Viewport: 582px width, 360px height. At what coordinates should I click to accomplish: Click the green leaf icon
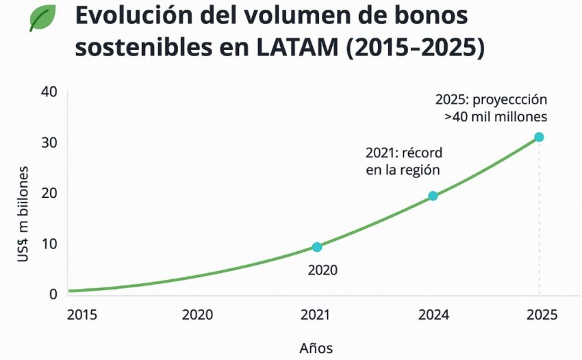pos(43,18)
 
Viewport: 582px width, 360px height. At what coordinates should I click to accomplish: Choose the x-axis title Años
pos(316,347)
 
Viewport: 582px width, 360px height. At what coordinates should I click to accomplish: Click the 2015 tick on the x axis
pos(82,315)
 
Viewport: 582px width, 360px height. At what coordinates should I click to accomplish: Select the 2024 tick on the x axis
pos(433,315)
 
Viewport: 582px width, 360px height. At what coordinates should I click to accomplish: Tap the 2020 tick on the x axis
pos(197,315)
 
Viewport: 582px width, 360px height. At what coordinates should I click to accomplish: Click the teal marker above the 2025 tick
pos(539,137)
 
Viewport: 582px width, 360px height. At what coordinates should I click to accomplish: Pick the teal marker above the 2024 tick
pos(433,196)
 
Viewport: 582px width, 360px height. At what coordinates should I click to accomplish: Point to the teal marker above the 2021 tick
pos(316,247)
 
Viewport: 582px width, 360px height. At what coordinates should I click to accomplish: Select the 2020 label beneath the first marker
pos(322,270)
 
